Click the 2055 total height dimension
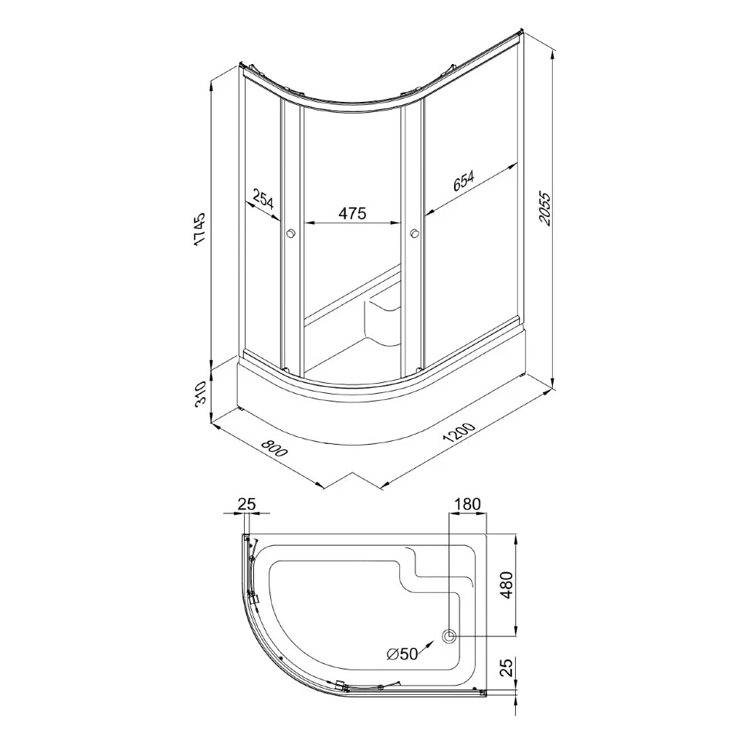pos(544,208)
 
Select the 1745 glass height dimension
pos(199,229)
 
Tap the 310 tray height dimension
pos(200,393)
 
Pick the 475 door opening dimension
pos(353,213)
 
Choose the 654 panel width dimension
pos(463,181)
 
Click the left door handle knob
pos(291,234)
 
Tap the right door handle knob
pos(414,234)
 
